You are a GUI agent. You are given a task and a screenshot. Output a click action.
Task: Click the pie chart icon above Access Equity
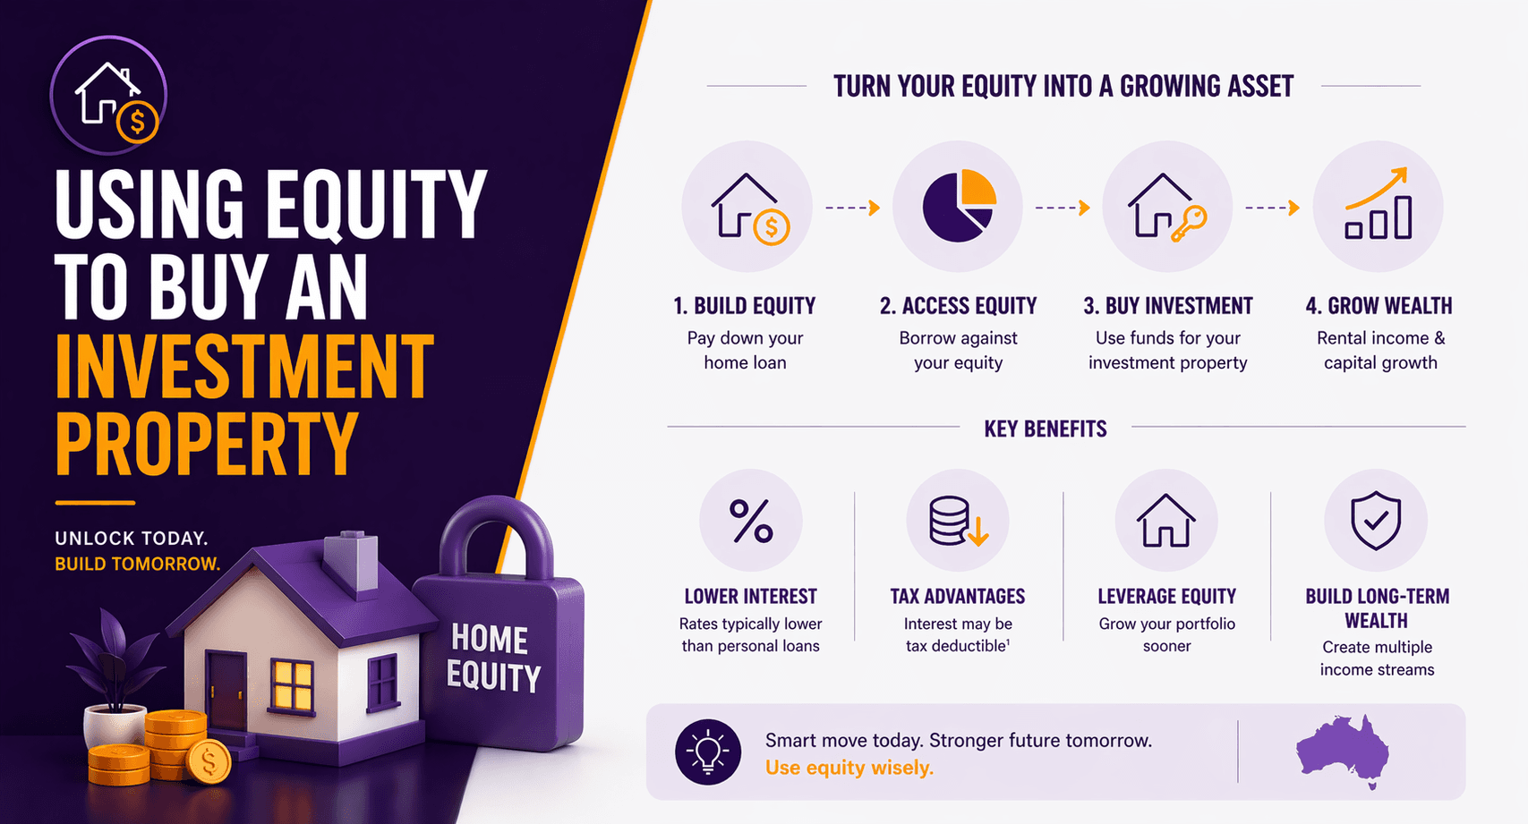(x=958, y=207)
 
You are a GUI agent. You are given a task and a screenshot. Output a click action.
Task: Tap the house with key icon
(x=1166, y=207)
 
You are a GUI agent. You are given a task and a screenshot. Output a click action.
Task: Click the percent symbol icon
(x=750, y=521)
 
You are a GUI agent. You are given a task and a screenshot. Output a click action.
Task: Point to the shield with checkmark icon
(x=1376, y=521)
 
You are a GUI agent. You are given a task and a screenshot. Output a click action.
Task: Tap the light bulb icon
(x=707, y=752)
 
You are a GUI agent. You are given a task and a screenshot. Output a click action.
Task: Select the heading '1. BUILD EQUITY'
(x=744, y=306)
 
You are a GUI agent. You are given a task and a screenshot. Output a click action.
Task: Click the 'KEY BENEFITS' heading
(x=1045, y=429)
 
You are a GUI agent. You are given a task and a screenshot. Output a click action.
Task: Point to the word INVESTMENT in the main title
(x=244, y=366)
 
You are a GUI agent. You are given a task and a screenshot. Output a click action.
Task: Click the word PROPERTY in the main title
(x=207, y=445)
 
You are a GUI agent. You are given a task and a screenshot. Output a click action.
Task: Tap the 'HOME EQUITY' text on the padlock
(x=493, y=658)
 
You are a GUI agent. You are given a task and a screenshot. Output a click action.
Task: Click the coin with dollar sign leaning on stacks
(x=209, y=761)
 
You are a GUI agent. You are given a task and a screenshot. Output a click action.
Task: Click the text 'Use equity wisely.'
(x=849, y=768)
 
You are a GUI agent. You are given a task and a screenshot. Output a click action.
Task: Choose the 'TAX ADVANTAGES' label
(x=957, y=596)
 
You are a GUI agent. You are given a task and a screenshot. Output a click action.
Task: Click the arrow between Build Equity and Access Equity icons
(x=852, y=208)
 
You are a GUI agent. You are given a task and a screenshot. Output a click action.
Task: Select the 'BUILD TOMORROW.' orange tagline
(x=137, y=564)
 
